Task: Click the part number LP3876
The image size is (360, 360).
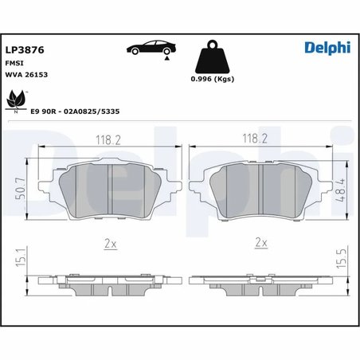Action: [x=24, y=49]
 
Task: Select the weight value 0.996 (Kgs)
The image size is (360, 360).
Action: [x=213, y=80]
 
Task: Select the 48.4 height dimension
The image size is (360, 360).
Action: [x=341, y=189]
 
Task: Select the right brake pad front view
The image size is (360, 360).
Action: [x=256, y=192]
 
